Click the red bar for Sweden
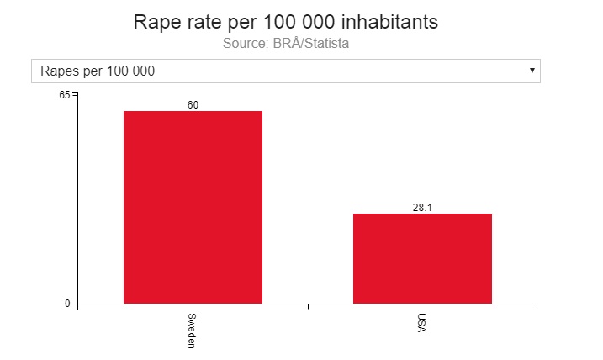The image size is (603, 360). coord(193,207)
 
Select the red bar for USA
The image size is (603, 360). coord(422,258)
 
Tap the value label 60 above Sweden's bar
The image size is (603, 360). coord(193,105)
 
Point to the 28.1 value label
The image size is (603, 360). coord(422,208)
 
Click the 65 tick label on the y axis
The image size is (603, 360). coord(65,95)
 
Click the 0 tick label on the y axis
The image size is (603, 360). coord(67,304)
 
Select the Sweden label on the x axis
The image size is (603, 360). coord(192,331)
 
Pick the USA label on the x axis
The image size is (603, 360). coord(421,323)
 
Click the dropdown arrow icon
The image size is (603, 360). coord(532,70)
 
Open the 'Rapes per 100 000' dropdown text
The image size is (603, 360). coord(98,71)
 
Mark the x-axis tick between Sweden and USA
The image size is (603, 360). coord(308,306)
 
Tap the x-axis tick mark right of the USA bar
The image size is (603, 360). coord(537,306)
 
